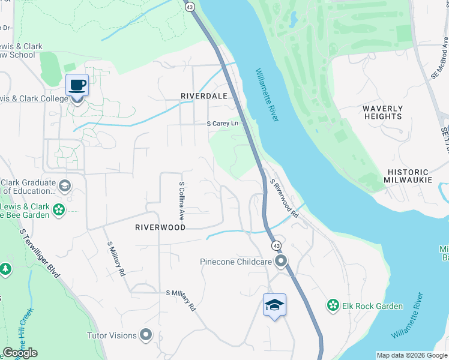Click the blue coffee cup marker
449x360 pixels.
(77, 85)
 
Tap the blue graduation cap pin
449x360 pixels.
(274, 305)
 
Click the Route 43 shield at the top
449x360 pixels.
(190, 7)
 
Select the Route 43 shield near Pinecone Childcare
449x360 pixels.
(276, 246)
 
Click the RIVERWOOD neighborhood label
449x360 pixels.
(160, 227)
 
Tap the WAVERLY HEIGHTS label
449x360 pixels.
(382, 112)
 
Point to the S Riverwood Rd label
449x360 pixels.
(285, 199)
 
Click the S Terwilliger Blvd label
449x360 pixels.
(40, 251)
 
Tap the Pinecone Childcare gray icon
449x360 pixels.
(280, 261)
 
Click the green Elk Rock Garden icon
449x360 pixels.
(333, 306)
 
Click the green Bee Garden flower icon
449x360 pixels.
(58, 209)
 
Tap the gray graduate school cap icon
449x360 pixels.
(65, 186)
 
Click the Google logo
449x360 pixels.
(20, 353)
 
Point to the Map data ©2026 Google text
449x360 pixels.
(411, 355)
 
